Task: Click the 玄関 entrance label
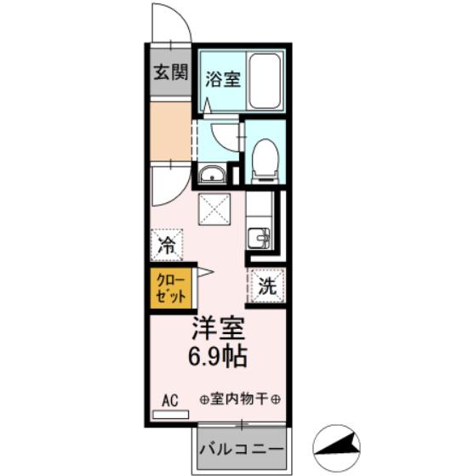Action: pos(171,72)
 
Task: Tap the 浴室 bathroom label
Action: pos(223,79)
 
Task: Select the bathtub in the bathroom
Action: pos(265,81)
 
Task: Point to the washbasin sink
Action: pos(213,174)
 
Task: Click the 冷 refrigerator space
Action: pos(167,245)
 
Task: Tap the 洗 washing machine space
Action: pos(267,286)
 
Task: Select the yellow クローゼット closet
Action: pos(171,288)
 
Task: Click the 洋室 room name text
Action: pos(218,329)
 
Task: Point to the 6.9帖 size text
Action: pos(218,356)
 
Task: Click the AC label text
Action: pos(170,400)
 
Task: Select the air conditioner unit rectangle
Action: pos(170,415)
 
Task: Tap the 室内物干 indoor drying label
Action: pos(239,399)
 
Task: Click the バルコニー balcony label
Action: pos(242,449)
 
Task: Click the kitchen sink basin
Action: pos(259,238)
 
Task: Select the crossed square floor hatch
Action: pos(214,209)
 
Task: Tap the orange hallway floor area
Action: pos(171,131)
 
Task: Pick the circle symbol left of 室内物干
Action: pos(204,399)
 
